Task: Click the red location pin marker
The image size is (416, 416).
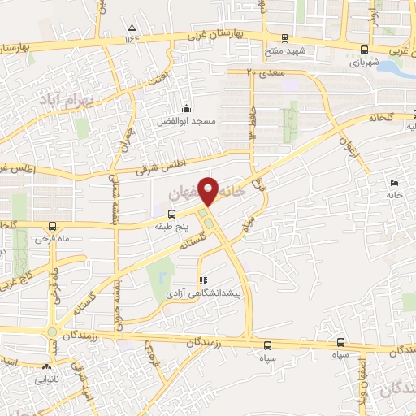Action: tap(210, 190)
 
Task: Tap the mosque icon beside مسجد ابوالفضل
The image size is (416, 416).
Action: tap(186, 108)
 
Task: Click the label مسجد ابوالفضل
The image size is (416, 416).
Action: tap(186, 121)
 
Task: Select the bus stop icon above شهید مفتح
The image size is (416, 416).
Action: tap(284, 37)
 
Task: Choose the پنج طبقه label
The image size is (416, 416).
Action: tap(171, 227)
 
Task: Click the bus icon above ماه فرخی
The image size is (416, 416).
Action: tap(53, 227)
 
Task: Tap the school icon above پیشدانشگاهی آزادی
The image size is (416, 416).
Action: tap(203, 279)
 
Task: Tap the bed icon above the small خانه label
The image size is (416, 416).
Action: tap(394, 184)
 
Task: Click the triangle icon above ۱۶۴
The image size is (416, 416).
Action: tap(132, 27)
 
